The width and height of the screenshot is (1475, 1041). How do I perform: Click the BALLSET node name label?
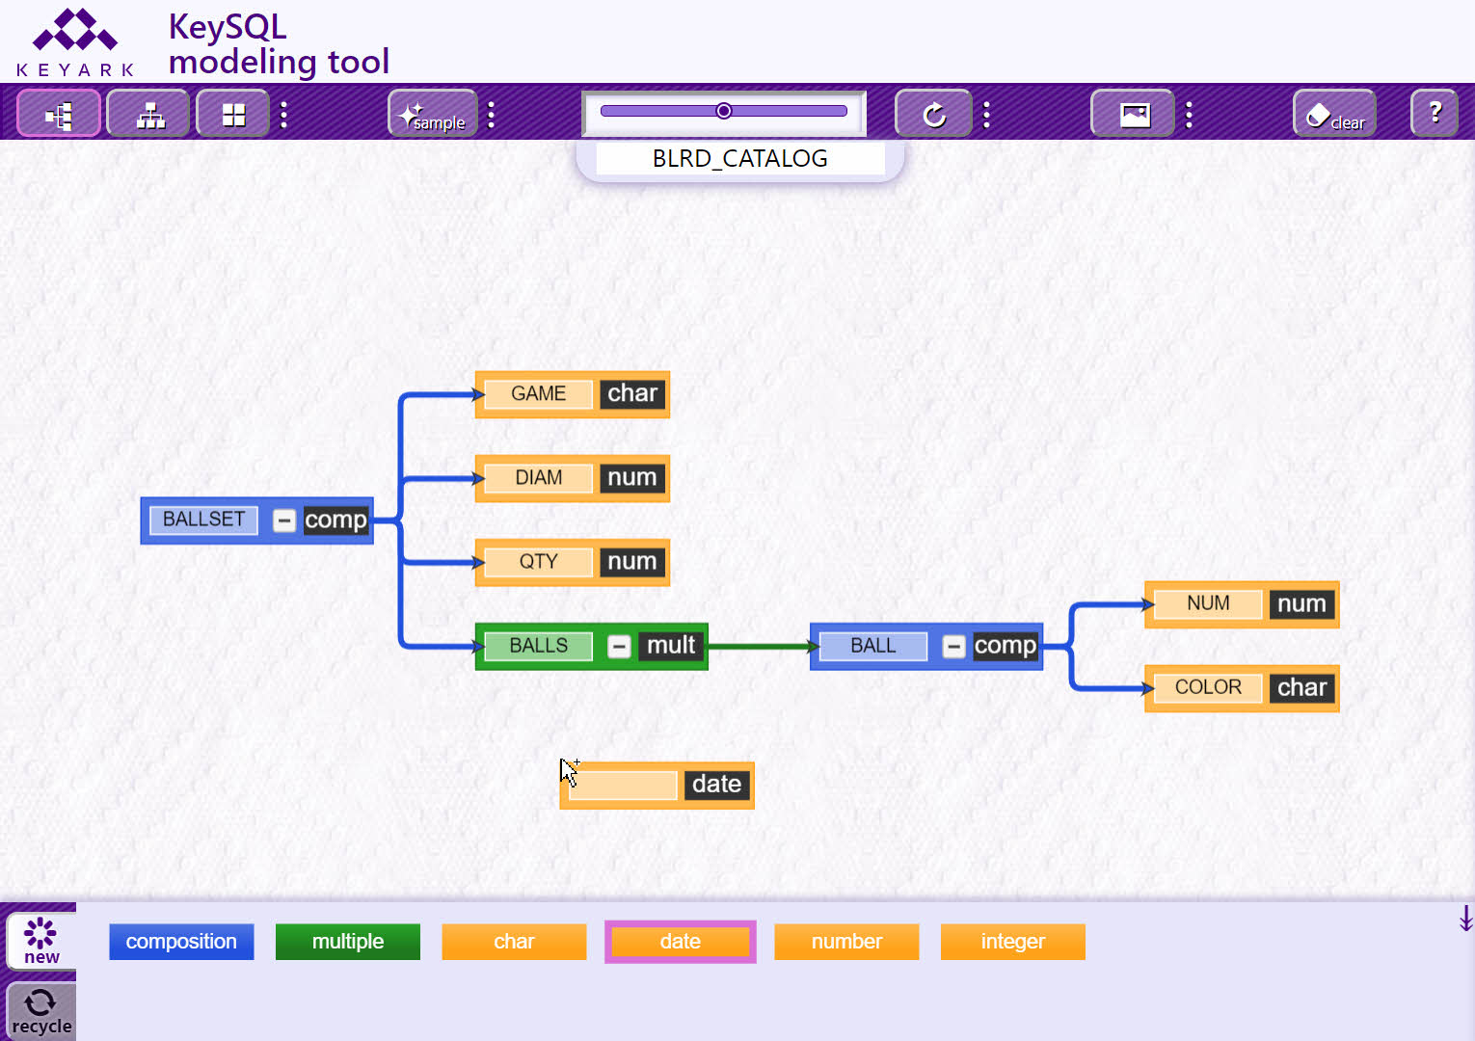pos(203,520)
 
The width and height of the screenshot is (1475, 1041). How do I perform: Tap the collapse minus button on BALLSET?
pos(283,520)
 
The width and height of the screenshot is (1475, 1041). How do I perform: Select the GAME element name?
pos(538,394)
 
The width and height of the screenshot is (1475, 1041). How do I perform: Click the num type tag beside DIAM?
pos(632,477)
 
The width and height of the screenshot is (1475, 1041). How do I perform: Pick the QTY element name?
pos(538,562)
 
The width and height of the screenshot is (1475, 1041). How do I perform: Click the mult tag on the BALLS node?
pos(671,645)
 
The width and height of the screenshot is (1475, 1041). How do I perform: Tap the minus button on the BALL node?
pos(952,646)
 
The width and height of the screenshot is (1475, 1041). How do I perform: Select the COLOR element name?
pos(1208,687)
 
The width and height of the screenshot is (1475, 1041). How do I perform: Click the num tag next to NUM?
pos(1301,603)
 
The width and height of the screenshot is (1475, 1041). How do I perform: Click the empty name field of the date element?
pos(623,785)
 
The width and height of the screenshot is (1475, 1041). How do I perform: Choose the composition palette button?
pos(181,942)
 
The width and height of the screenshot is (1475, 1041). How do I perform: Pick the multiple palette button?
pos(348,942)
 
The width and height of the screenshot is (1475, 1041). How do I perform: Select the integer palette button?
pos(1013,942)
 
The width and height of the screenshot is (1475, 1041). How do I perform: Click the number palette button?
pos(846,942)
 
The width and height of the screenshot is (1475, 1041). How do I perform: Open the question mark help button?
pos(1435,113)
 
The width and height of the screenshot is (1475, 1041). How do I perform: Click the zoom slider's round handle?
pos(724,111)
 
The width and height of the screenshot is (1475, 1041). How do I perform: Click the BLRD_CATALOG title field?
pos(740,159)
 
